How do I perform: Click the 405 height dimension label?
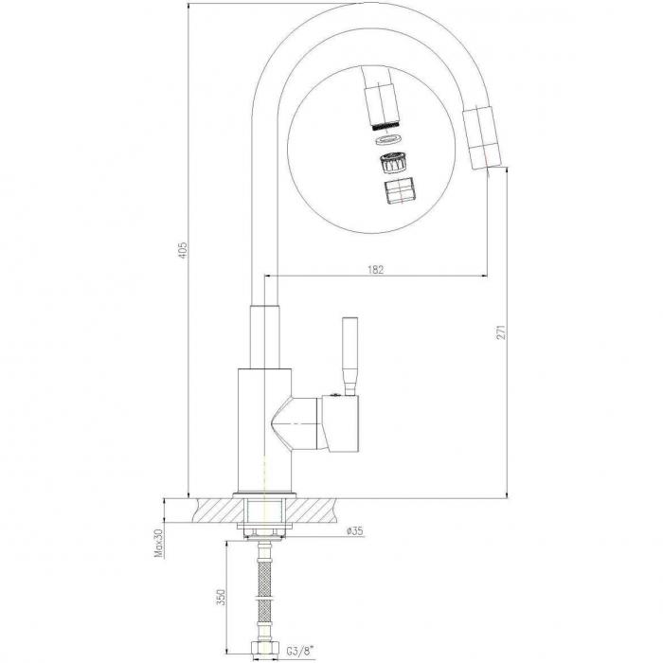coord(182,251)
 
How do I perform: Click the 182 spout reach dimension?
coord(375,269)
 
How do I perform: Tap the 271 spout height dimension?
coord(501,331)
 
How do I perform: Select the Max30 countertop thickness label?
coord(158,545)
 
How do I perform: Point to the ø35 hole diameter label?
coord(354,531)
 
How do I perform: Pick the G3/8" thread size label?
coord(300,649)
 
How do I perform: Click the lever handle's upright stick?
coord(350,356)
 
